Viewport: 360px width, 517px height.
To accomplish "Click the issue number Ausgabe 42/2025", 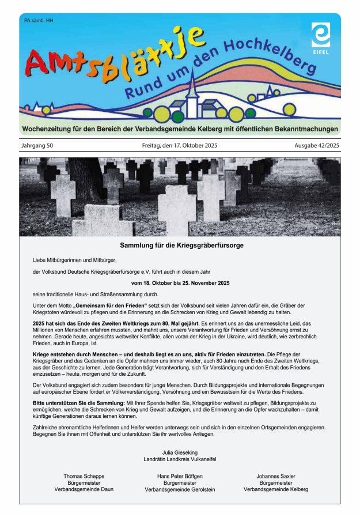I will point(317,145).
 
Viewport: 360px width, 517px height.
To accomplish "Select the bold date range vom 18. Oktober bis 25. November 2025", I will point(180,283).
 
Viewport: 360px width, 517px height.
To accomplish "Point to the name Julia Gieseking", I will point(180,452).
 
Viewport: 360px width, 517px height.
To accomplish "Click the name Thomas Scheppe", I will point(84,476).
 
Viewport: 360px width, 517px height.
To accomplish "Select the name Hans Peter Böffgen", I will point(180,476).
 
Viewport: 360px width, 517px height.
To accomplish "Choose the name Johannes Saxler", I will point(276,476).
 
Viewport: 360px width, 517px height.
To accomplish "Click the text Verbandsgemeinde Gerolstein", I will point(180,489).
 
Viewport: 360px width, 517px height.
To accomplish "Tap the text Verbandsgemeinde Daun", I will point(84,489).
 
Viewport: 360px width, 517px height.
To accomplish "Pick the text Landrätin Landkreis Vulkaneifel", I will point(180,459).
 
